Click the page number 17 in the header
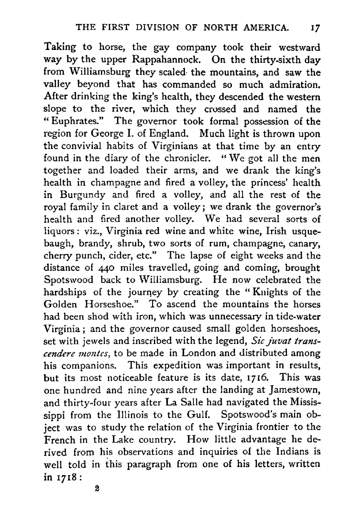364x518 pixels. pos(315,27)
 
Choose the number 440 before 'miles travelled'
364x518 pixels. pos(106,268)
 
